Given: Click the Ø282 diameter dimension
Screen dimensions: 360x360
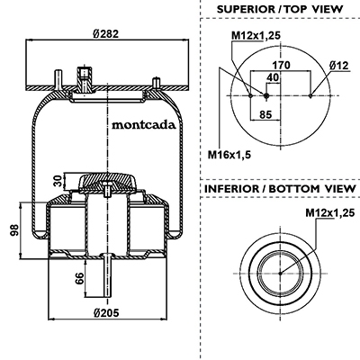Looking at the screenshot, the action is click(x=106, y=33).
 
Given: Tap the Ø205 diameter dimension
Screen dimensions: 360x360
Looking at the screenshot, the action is click(x=106, y=312).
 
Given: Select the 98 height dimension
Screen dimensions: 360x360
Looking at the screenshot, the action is click(x=14, y=230).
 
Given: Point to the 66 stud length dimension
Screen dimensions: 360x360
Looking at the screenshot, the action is click(x=79, y=278).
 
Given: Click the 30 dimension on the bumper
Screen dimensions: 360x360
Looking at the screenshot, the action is click(x=58, y=181).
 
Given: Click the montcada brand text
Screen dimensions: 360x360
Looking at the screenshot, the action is click(x=144, y=125).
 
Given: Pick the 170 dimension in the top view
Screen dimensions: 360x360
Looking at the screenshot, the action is click(x=281, y=65).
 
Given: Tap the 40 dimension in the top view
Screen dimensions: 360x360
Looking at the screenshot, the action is click(x=273, y=77).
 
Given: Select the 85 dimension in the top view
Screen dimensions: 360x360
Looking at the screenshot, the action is click(x=265, y=114).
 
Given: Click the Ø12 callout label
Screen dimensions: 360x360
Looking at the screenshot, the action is click(x=339, y=65).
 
